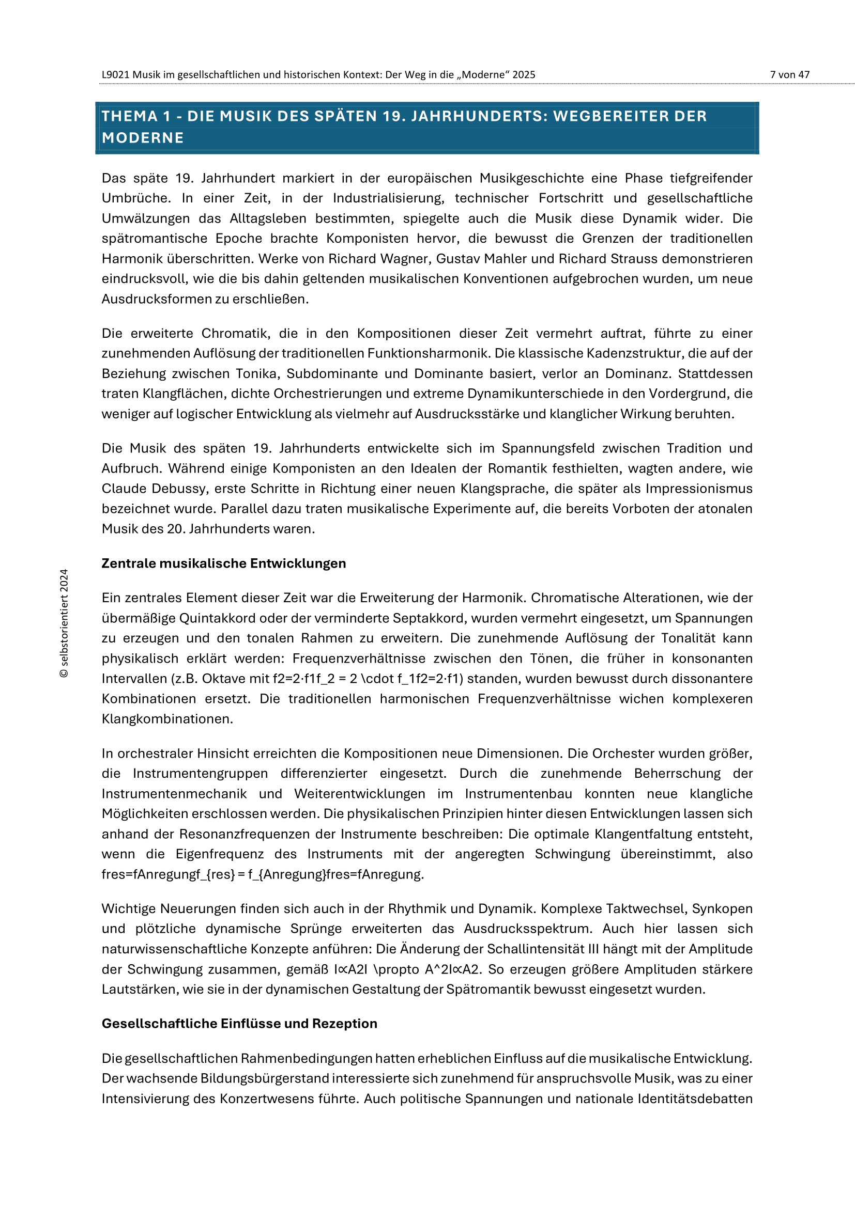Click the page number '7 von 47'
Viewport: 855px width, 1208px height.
[789, 75]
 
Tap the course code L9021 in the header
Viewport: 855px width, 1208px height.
[115, 75]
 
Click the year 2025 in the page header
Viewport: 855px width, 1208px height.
[523, 75]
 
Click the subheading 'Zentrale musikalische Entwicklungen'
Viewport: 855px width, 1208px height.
[224, 563]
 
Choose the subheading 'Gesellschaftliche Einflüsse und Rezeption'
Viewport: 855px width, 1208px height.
[239, 1023]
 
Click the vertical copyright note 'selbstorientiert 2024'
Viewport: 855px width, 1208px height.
[64, 623]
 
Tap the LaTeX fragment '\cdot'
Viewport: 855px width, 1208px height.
[377, 679]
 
